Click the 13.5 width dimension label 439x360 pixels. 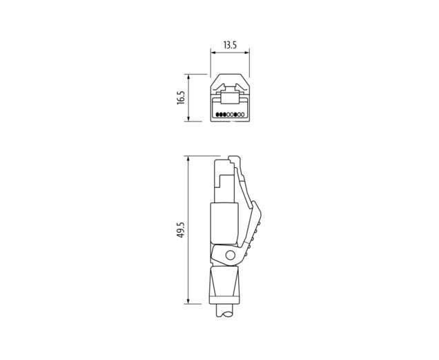pos(230,45)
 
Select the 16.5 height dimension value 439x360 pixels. pos(181,98)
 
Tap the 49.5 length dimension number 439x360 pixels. pos(181,229)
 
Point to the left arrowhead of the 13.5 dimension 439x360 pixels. pos(213,53)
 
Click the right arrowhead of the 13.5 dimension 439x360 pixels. pos(247,53)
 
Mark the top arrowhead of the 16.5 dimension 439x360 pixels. pos(188,77)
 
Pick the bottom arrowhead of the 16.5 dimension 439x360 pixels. pos(188,119)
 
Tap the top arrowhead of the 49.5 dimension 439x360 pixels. pos(188,158)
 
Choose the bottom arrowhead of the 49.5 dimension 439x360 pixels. pos(188,301)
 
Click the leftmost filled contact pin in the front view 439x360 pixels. pos(218,115)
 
